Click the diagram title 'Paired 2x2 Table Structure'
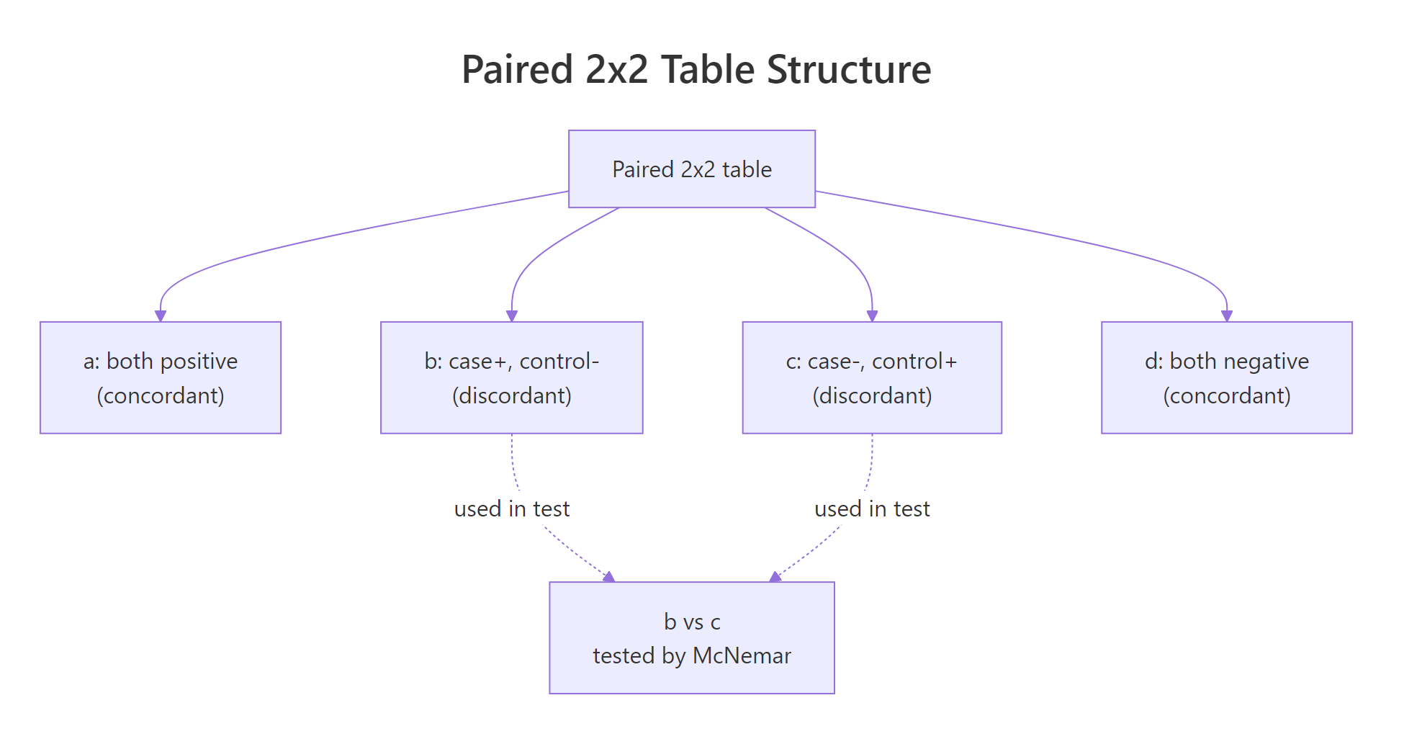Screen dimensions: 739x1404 (696, 70)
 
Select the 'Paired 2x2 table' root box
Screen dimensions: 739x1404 (691, 169)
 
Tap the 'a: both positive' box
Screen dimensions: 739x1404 (161, 377)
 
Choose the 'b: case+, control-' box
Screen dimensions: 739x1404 (511, 377)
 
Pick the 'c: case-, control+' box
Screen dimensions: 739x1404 (871, 377)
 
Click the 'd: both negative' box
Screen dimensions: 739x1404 (1226, 377)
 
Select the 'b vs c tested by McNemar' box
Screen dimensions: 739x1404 (691, 637)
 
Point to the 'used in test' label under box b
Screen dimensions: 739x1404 (511, 509)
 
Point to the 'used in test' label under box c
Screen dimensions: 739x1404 (872, 509)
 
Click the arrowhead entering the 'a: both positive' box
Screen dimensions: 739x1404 (161, 316)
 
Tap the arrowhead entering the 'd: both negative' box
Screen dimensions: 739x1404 (1227, 316)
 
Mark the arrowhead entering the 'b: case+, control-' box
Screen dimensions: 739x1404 (512, 316)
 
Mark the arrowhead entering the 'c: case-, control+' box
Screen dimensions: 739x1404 (872, 316)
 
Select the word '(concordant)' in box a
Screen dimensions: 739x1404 (161, 395)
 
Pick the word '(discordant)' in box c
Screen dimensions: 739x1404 (872, 395)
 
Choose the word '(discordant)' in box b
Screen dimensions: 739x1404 (511, 395)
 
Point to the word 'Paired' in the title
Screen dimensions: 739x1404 (517, 70)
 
